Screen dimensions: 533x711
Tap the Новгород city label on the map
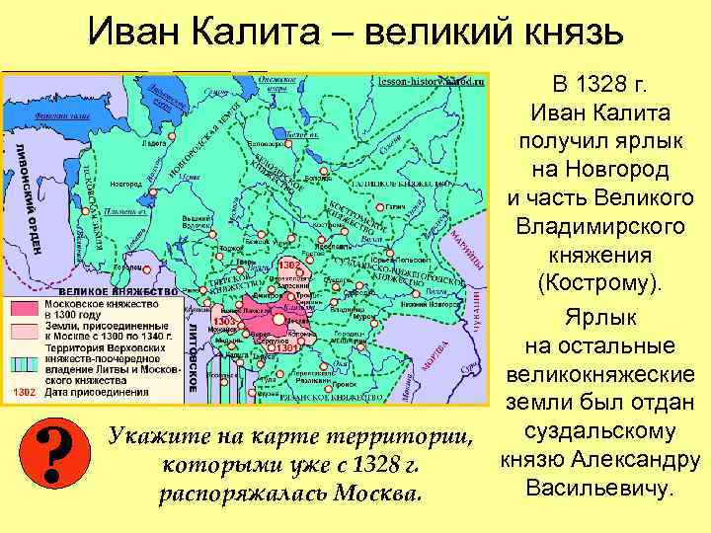click(125, 184)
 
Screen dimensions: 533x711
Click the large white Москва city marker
click(279, 320)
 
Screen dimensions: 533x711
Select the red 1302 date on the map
click(289, 266)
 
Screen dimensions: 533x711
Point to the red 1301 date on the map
click(287, 348)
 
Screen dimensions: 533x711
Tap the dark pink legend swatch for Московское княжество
click(21, 307)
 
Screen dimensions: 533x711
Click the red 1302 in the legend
click(21, 392)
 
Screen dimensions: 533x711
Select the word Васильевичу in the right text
click(601, 488)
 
